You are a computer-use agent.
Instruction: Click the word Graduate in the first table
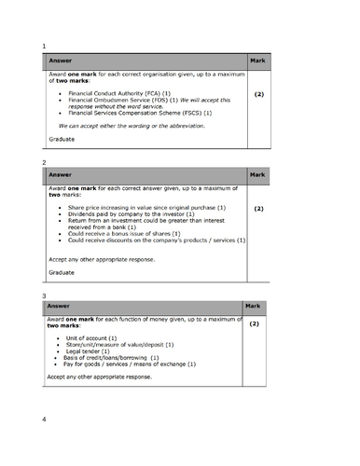point(62,139)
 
